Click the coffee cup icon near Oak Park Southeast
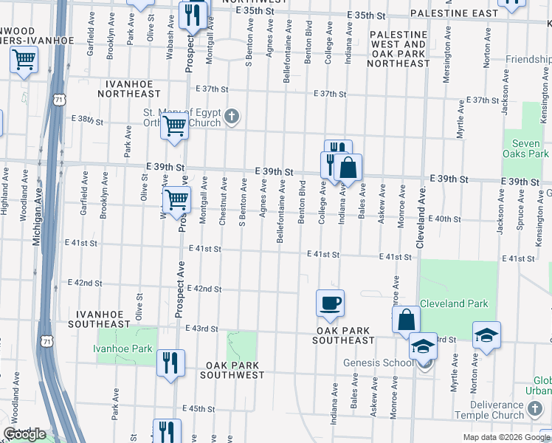[x=330, y=302]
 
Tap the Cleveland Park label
[x=454, y=303]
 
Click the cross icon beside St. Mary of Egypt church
[x=232, y=116]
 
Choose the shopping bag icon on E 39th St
[x=348, y=168]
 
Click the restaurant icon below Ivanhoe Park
[x=170, y=363]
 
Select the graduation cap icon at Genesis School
[x=424, y=346]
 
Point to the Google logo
[x=24, y=434]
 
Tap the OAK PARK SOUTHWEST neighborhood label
[x=235, y=370]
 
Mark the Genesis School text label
[x=378, y=363]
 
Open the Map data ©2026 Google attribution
[x=506, y=437]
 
